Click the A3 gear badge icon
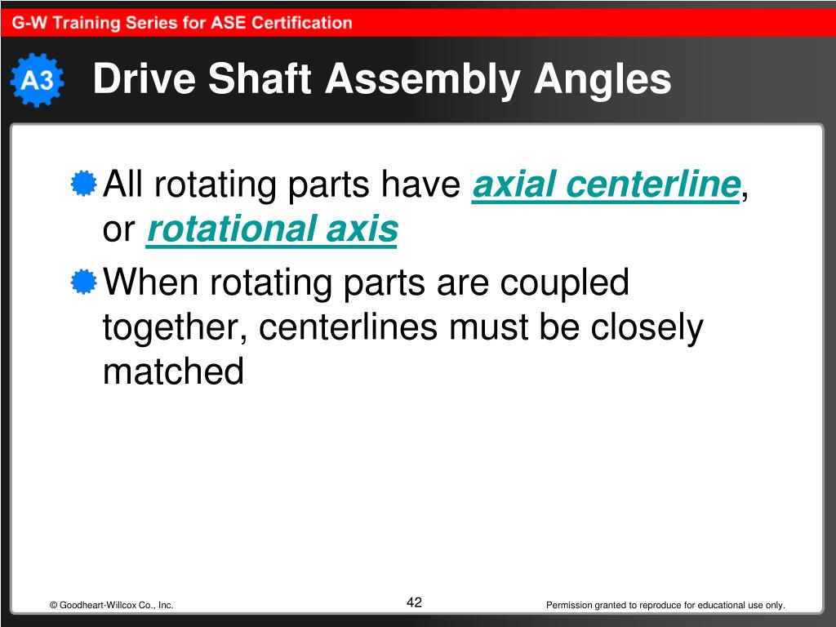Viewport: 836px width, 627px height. (x=37, y=80)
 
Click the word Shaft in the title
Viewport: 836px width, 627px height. (x=264, y=80)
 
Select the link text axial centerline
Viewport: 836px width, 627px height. (x=606, y=185)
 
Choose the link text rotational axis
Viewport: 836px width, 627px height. (x=272, y=230)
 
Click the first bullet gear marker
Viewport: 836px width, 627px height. (x=82, y=184)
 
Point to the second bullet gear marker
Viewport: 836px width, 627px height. (x=82, y=282)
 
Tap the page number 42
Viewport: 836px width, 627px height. (x=414, y=603)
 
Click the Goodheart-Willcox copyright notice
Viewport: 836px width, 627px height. (x=111, y=605)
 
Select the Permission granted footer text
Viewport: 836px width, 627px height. (x=665, y=605)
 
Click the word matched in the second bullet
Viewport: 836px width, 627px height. (x=173, y=372)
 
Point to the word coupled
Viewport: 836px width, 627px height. (x=564, y=283)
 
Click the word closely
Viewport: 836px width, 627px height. (x=647, y=327)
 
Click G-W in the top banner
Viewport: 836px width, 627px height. (x=29, y=23)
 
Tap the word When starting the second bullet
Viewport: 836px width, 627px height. (x=152, y=283)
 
